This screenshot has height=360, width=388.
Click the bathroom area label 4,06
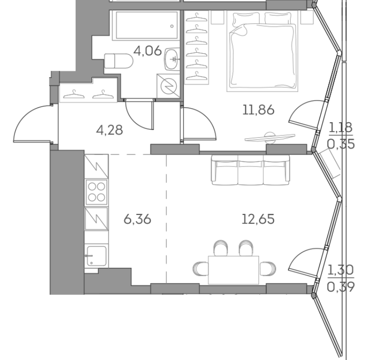[147, 51]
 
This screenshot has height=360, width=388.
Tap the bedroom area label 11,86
[259, 110]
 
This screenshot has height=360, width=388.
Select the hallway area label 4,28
[110, 130]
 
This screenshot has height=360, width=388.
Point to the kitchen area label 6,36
[137, 219]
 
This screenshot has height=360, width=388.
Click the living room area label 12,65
[258, 219]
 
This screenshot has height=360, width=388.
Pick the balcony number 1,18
[340, 128]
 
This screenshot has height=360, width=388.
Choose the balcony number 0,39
[341, 287]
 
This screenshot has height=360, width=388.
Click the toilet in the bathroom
[119, 61]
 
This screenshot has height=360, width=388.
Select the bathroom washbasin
[172, 59]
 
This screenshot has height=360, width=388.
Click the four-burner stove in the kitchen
[97, 192]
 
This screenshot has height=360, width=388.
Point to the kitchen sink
[96, 256]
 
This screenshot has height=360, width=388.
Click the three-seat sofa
[250, 170]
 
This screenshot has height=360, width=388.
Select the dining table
[234, 270]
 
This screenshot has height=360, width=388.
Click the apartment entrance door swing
[32, 124]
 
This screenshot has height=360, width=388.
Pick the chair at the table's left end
[201, 269]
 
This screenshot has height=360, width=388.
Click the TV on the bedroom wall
[270, 138]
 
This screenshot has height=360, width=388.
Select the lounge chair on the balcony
[330, 164]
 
